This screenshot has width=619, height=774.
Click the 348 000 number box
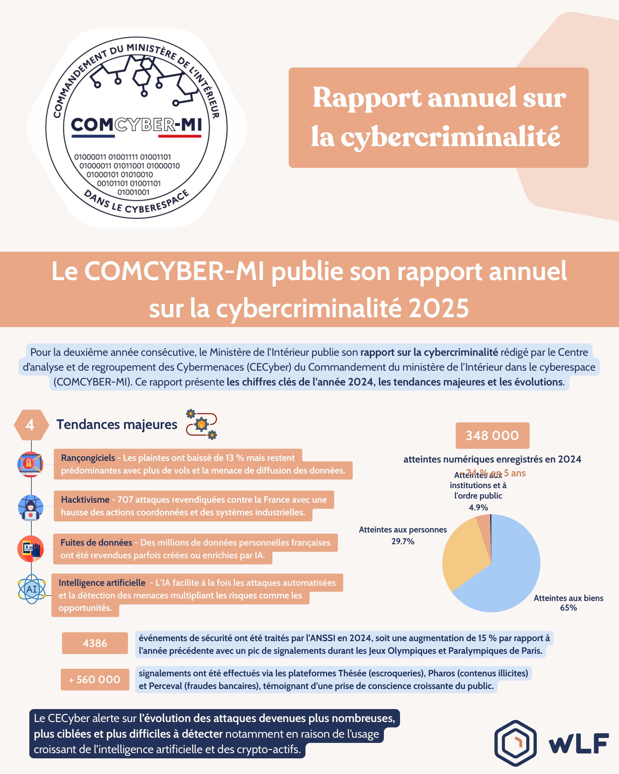click(x=492, y=436)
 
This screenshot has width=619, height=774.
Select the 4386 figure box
click(x=95, y=643)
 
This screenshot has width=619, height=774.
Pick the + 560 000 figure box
click(x=95, y=680)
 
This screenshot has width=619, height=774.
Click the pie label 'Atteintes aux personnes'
click(x=402, y=529)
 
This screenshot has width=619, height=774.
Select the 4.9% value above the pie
click(x=478, y=507)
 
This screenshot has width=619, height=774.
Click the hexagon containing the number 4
click(x=31, y=425)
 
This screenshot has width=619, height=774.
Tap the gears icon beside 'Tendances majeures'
click(x=201, y=424)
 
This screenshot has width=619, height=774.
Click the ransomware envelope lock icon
click(x=31, y=464)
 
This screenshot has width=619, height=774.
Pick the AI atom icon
click(x=32, y=589)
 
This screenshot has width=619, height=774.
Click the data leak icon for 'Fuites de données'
click(x=31, y=549)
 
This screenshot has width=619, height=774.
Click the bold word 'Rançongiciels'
click(x=88, y=458)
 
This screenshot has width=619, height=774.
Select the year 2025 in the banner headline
click(x=439, y=308)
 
